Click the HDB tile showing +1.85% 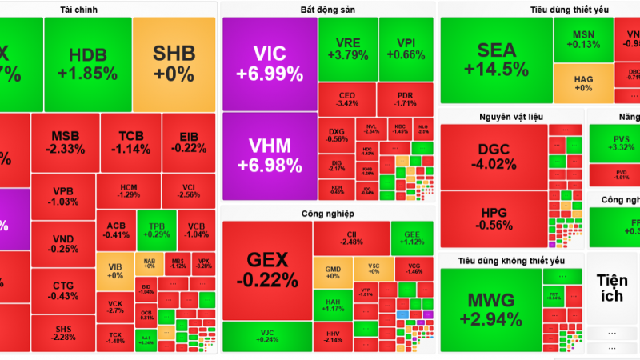tap(87, 63)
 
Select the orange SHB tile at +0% tap(174, 63)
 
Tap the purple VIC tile tap(270, 64)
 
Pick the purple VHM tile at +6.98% tap(270, 155)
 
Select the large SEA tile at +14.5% tap(496, 59)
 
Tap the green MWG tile tap(490, 309)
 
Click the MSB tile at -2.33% tap(66, 142)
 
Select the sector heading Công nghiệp tap(328, 214)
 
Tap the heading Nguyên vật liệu tap(511, 117)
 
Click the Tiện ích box tap(612, 288)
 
